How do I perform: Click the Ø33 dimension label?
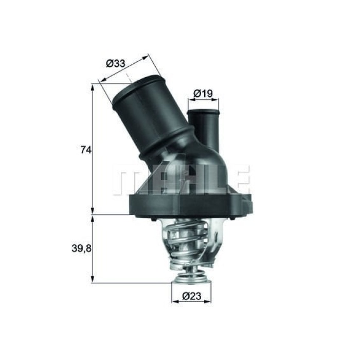(x=116, y=64)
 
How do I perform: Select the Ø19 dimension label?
(x=203, y=94)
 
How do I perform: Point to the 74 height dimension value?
(x=86, y=150)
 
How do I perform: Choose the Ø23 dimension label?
(x=191, y=296)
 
